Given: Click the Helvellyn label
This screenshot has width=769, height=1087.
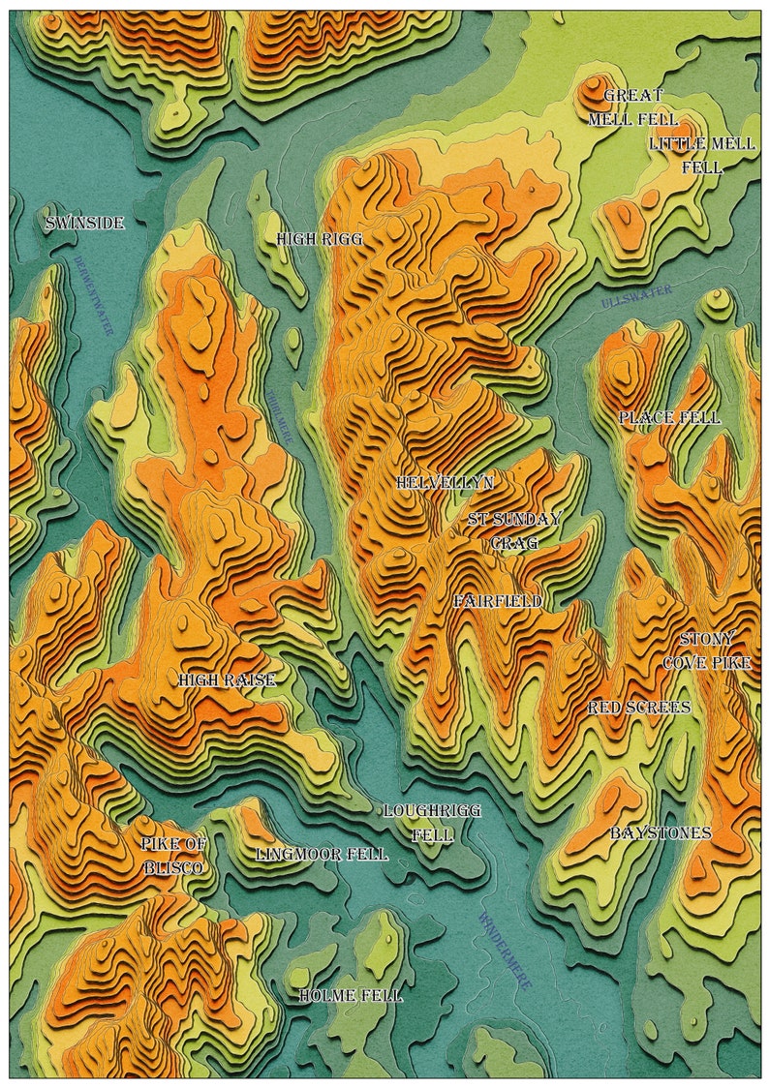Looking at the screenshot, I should [445, 482].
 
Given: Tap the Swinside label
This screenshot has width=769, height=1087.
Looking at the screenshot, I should [85, 224].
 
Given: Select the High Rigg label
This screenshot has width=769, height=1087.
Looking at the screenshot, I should [319, 238].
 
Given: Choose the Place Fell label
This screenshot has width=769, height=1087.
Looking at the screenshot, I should [669, 418].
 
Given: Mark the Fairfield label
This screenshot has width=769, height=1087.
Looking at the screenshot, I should [497, 601].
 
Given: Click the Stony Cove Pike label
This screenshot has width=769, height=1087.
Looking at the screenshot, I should [707, 651].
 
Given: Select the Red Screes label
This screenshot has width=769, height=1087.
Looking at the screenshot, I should [639, 708].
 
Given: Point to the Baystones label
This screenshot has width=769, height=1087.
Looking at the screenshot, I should [661, 832].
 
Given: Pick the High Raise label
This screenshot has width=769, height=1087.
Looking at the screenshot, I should [227, 680].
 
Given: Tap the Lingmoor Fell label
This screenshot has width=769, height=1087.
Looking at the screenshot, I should [322, 855].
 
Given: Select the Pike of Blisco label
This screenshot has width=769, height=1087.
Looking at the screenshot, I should [173, 856].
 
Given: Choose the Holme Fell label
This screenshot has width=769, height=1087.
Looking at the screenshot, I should [350, 995].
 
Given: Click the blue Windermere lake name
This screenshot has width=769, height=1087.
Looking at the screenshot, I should [505, 951].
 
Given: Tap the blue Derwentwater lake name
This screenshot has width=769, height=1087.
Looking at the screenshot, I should [93, 295].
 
